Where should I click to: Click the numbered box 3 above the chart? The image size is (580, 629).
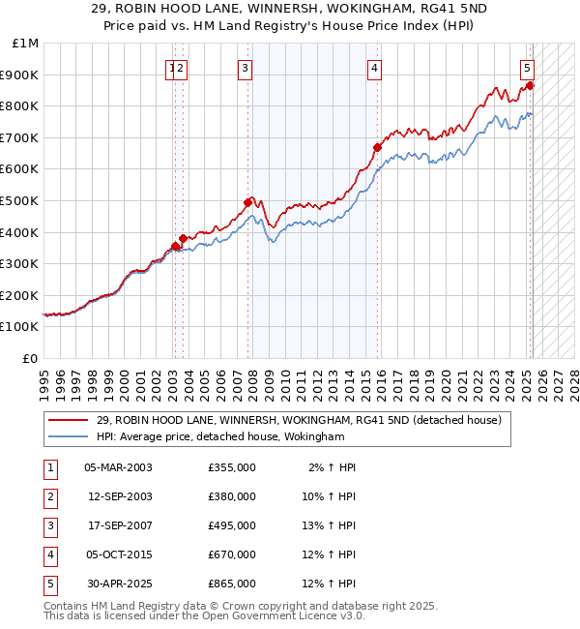coord(246,68)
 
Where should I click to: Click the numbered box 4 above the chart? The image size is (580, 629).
coord(374,68)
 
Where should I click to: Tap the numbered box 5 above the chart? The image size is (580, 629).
coord(527,68)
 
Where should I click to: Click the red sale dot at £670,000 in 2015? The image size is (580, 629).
coord(377,147)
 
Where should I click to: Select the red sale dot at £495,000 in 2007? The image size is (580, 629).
coord(247,202)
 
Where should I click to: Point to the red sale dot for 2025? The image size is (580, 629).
coord(531,85)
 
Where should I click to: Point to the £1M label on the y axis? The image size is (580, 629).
coord(25,44)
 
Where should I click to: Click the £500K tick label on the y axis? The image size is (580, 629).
coord(21,200)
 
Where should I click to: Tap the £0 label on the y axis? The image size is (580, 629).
coord(29,358)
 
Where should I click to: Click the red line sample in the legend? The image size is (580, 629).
coord(69,421)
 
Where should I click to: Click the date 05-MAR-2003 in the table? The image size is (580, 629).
coord(118,467)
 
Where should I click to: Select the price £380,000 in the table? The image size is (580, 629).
coord(232,496)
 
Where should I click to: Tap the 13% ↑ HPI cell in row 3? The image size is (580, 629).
coord(333,525)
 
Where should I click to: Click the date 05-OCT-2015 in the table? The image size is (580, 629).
coord(118,554)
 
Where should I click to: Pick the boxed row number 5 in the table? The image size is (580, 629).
coord(48,584)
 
